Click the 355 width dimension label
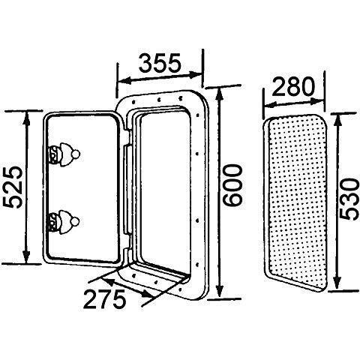159,62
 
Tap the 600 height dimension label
232,185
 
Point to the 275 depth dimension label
104,298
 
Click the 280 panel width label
292,86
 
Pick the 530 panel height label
349,199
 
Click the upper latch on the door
64,154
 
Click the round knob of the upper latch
76,154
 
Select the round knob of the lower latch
75,221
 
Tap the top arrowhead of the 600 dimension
220,94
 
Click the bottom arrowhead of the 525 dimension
25,256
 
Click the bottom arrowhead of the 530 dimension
337,283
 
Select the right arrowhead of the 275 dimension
147,294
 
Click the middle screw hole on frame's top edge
159,100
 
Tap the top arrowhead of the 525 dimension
25,117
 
